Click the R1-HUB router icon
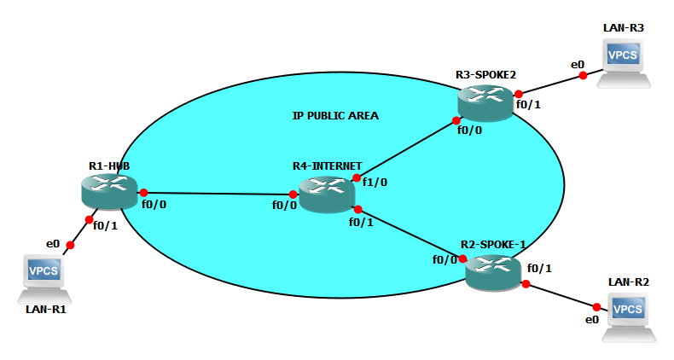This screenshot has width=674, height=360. [108, 190]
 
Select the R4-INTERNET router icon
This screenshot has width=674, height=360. [327, 194]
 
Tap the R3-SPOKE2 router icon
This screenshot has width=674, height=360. [485, 102]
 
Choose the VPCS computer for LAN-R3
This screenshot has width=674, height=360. [623, 61]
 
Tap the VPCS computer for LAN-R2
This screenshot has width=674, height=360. [629, 316]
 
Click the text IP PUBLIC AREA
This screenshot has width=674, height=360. [335, 115]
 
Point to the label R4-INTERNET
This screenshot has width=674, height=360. [328, 165]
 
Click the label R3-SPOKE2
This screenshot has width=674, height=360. [485, 75]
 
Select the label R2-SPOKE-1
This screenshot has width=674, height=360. [493, 244]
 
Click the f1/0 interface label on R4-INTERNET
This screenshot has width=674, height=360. [375, 182]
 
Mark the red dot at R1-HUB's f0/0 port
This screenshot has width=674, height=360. [143, 193]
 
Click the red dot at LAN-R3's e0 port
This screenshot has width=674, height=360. [583, 75]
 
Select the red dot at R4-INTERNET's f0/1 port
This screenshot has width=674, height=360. [358, 209]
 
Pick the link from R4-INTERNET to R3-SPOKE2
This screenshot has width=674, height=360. [406, 149]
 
